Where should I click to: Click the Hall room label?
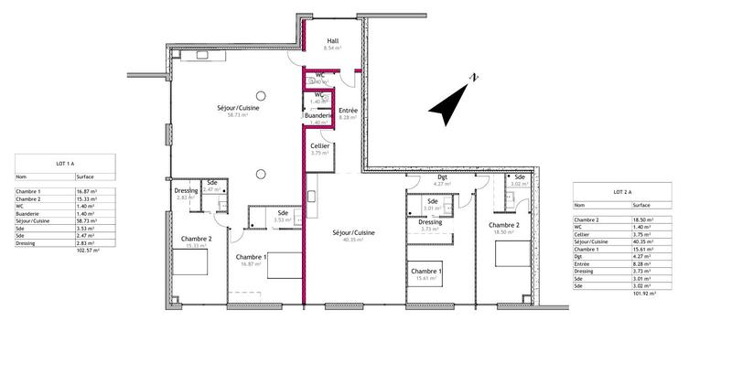point(334,40)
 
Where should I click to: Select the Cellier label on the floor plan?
point(319,146)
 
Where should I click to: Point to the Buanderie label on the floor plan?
point(319,116)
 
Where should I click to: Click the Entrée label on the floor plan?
point(348,111)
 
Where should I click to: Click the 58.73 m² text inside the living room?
point(238,116)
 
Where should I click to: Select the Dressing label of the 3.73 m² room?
point(430,222)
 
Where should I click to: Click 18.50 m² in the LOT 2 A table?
point(643,220)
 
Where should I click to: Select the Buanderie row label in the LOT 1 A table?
point(29,213)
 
